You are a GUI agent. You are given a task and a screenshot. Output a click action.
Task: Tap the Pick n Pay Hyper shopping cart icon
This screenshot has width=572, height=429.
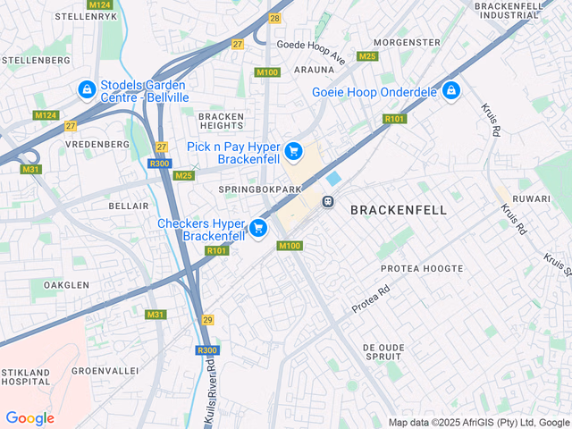(293, 153)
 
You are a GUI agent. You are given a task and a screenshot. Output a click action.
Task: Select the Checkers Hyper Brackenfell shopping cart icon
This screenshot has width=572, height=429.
(258, 229)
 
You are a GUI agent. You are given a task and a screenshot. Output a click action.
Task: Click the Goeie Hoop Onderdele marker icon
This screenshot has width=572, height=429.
(451, 91)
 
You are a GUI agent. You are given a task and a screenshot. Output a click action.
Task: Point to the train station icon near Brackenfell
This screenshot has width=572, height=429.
(329, 201)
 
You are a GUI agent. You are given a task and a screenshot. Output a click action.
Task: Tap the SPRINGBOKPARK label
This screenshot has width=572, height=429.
(260, 190)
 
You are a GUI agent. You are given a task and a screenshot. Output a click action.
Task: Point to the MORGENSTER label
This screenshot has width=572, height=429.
(407, 43)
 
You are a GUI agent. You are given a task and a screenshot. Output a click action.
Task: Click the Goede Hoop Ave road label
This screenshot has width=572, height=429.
(311, 51)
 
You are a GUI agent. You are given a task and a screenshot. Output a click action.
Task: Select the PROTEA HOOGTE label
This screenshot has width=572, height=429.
(422, 268)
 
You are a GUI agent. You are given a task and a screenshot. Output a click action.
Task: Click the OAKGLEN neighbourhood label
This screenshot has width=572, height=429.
(65, 285)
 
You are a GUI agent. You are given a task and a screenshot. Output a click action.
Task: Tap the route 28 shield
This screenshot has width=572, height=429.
(274, 18)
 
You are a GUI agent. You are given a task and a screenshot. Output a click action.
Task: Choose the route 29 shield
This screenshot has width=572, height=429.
(207, 319)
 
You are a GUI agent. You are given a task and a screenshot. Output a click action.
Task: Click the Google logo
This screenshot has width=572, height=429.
(29, 418)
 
